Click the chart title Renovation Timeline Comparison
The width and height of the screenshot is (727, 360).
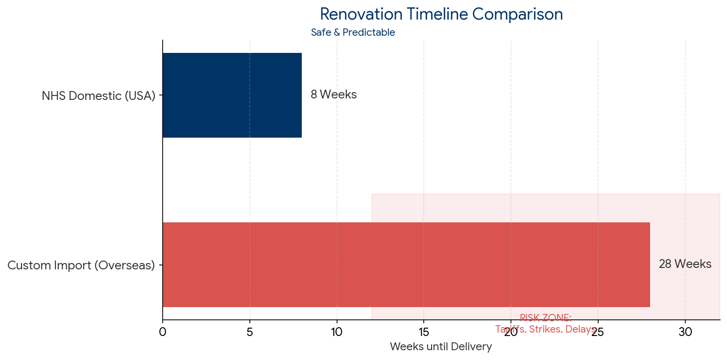point(441,14)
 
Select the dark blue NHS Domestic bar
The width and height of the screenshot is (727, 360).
point(232,95)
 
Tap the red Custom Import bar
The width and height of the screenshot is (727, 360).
point(406,264)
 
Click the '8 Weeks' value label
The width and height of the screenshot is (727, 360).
point(334,95)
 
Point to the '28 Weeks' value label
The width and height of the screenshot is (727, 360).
point(684,264)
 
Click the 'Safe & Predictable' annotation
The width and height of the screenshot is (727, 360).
point(353,33)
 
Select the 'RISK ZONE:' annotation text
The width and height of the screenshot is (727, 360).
point(545,318)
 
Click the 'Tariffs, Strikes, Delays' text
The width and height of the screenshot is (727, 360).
point(545,329)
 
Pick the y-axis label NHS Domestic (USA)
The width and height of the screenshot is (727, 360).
point(98,96)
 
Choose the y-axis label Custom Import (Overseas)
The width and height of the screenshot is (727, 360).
point(81,265)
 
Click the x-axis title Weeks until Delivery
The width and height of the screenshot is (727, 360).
point(440,347)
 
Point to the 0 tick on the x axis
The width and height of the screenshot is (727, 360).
point(163,332)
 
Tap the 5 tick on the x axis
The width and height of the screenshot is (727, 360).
point(250,332)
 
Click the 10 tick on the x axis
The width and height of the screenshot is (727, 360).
point(337,332)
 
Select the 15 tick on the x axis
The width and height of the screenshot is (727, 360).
point(424,332)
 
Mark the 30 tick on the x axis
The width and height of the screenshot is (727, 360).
point(685,332)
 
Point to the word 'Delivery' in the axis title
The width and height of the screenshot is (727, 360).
point(472,347)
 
